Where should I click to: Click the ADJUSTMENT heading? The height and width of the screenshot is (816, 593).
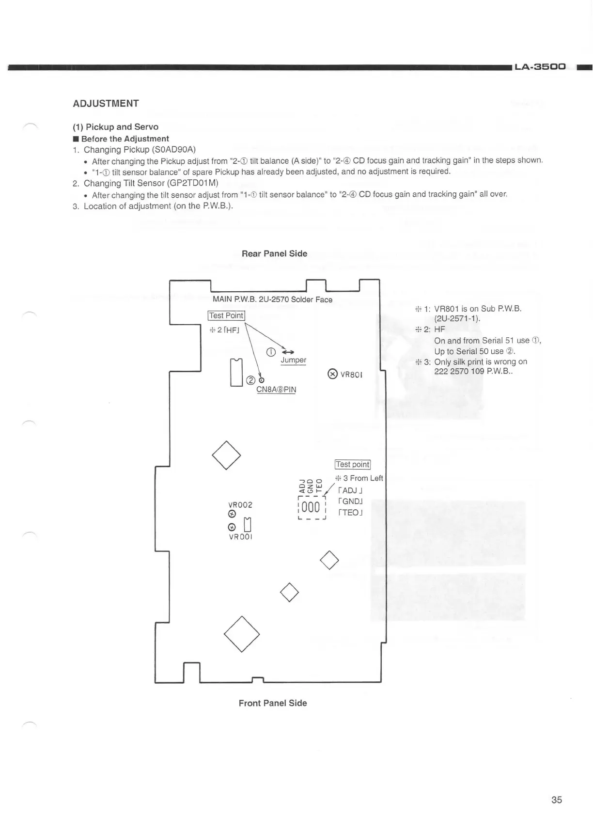tap(106, 103)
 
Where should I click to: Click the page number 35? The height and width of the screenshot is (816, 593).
tap(557, 800)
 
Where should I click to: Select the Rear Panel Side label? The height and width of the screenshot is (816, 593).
tap(274, 253)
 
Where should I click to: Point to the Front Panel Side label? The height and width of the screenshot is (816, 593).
tap(273, 703)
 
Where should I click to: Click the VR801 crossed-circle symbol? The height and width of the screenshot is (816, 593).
tap(332, 374)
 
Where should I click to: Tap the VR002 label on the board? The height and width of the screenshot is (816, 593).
tap(240, 504)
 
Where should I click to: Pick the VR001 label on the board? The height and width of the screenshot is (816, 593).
tap(240, 537)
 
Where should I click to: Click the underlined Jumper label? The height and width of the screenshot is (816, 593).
tap(293, 360)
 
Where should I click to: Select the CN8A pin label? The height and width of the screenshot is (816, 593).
tap(276, 390)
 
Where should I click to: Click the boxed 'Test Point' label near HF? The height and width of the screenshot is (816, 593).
tap(227, 315)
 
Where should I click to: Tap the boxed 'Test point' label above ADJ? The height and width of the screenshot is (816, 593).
tap(352, 464)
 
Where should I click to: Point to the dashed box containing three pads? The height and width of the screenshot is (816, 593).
tap(311, 507)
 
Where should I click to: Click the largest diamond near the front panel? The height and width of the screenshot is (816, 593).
tap(242, 634)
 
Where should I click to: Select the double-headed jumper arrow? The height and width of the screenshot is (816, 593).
tap(287, 352)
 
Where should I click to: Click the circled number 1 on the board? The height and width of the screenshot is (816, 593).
tap(271, 352)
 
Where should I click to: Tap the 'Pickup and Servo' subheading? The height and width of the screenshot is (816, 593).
tap(115, 127)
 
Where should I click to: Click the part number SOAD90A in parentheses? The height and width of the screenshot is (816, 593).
tap(173, 149)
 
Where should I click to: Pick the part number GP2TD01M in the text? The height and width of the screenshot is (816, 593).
tap(192, 183)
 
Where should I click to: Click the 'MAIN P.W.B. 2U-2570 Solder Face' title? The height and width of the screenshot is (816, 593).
tap(272, 299)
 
